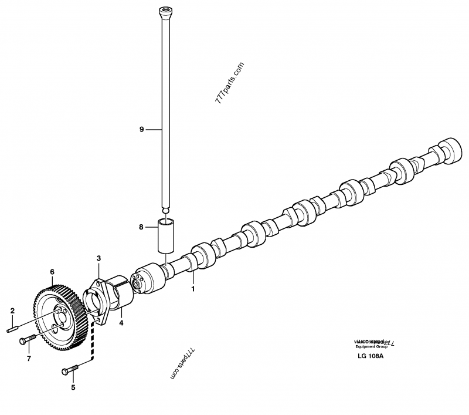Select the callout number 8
(x=141, y=227)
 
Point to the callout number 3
(x=99, y=258)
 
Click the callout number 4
(x=121, y=322)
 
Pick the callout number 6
(x=52, y=272)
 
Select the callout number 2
(x=11, y=310)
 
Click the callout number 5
(x=73, y=387)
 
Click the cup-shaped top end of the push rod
(x=165, y=11)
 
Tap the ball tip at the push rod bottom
(x=165, y=210)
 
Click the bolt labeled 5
(x=70, y=370)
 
